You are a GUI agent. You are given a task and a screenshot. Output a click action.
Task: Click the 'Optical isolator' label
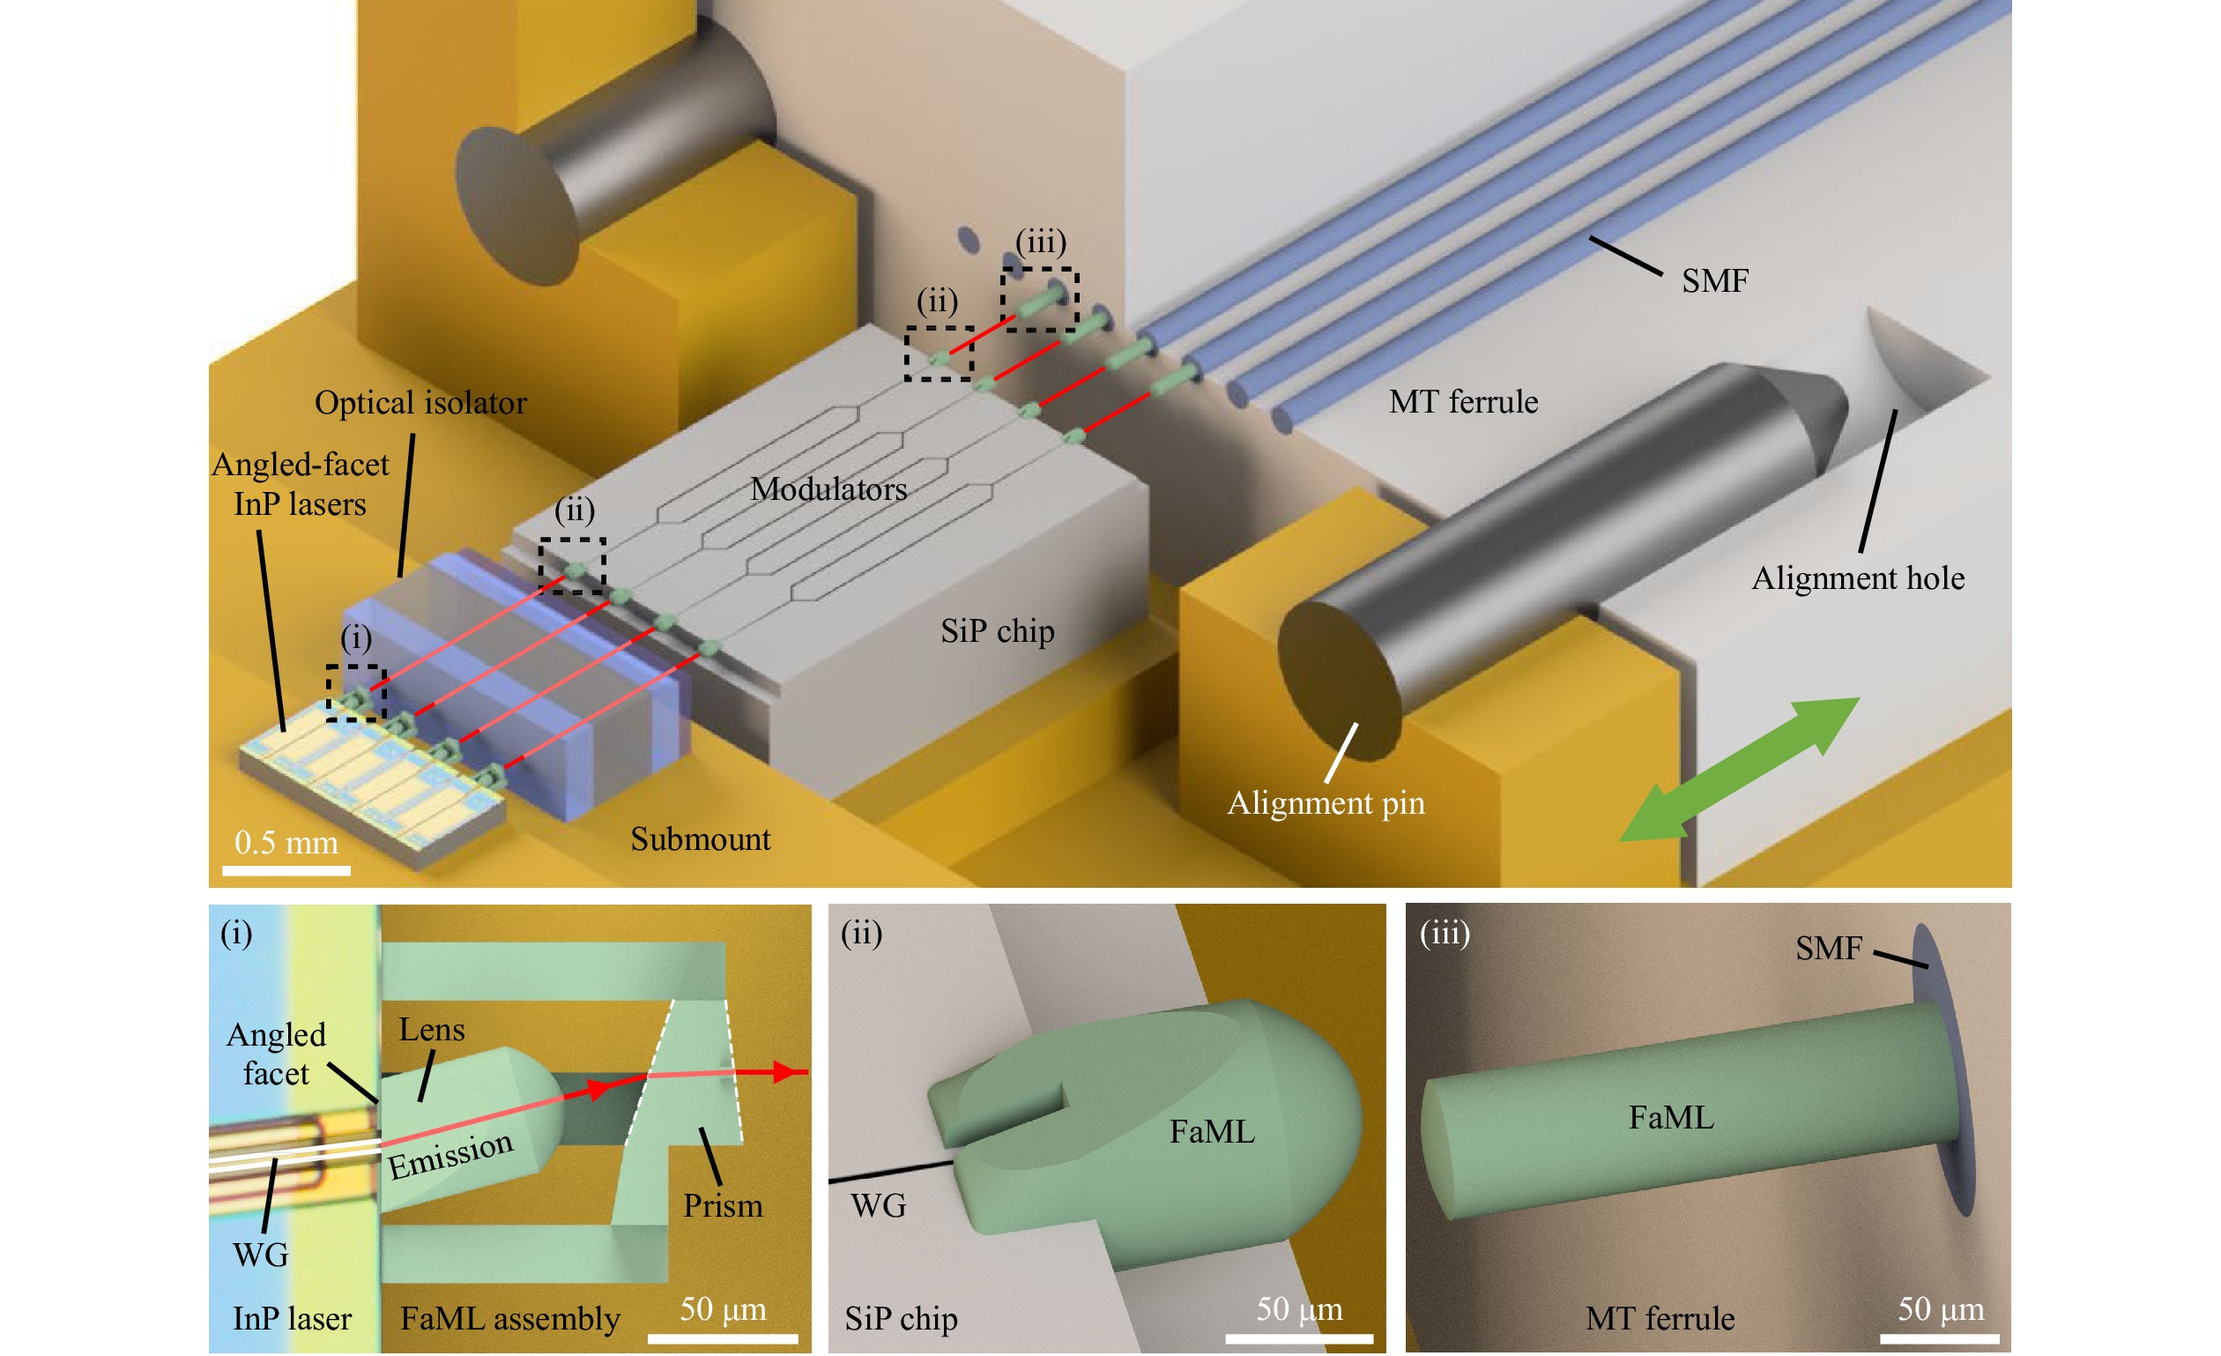tap(420, 403)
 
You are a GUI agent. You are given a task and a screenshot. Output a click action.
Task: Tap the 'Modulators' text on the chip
tap(828, 489)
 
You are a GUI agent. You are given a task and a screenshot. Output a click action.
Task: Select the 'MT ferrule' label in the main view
tap(1463, 402)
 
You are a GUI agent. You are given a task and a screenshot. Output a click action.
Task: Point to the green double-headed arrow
tap(1740, 769)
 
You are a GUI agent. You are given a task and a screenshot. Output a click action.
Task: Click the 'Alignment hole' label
tap(1858, 577)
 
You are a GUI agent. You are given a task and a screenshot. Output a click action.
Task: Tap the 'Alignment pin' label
tap(1326, 802)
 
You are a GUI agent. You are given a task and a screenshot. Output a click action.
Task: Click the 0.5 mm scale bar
tap(286, 871)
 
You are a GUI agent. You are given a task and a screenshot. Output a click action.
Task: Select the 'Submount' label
tap(701, 839)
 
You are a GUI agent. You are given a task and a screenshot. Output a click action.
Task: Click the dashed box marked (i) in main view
tap(356, 693)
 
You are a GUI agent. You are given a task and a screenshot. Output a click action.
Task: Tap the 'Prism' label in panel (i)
tap(722, 1206)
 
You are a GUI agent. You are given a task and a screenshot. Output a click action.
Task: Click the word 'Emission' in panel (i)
tap(449, 1155)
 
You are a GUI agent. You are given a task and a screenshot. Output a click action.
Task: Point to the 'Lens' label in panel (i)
tap(432, 1030)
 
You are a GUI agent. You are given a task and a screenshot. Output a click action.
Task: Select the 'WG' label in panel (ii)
tap(878, 1206)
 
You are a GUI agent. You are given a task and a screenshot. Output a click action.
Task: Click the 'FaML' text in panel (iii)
tap(1670, 1118)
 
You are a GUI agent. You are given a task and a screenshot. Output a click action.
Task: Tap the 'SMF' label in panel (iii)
tap(1828, 949)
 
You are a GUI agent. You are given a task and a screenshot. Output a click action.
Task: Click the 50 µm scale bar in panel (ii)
tap(1299, 1339)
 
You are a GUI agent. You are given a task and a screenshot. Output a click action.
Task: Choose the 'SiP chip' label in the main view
tap(997, 631)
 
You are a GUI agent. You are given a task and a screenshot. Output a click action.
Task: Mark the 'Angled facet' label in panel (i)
tap(276, 1054)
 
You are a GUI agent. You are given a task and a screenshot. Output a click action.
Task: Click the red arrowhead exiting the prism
tap(791, 1072)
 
